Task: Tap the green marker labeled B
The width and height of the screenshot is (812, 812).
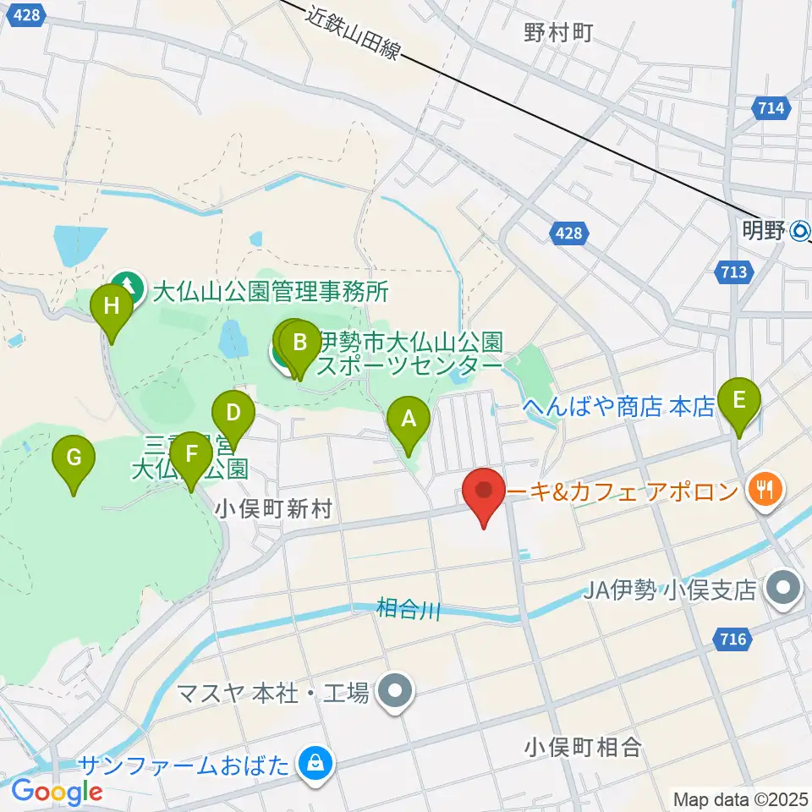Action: tap(299, 343)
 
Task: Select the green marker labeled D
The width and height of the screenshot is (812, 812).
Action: tap(233, 414)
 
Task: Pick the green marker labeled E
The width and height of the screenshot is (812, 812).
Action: tap(738, 400)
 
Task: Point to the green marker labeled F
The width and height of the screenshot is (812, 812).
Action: tap(191, 455)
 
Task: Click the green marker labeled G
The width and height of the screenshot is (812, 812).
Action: tap(74, 458)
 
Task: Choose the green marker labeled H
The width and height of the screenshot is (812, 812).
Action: tap(111, 307)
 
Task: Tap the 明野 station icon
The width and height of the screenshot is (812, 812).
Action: tap(800, 229)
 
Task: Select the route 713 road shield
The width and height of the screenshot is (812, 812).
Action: tap(734, 272)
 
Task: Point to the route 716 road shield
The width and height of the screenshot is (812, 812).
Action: tap(734, 639)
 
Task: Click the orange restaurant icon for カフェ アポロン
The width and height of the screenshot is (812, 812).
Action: tap(765, 490)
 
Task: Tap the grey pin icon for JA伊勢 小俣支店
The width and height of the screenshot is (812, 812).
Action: tap(783, 590)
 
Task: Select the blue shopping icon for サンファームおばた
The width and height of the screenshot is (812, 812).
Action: tap(315, 765)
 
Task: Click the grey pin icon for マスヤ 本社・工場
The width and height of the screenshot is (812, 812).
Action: tap(395, 693)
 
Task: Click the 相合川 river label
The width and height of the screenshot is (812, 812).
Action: tap(409, 608)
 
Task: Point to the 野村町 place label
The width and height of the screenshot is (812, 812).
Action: tap(557, 33)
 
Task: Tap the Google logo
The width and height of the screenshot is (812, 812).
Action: tap(57, 792)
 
